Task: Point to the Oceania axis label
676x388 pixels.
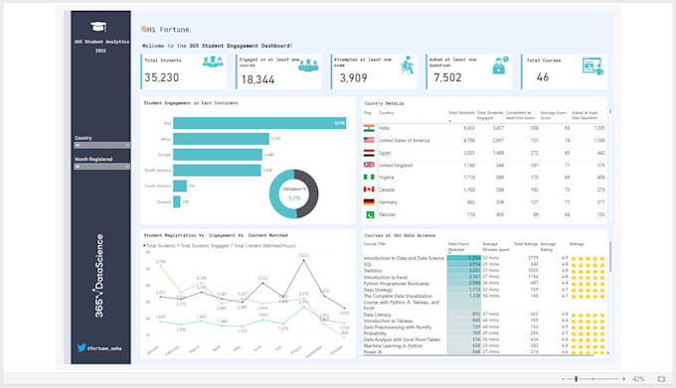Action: (x=164, y=201)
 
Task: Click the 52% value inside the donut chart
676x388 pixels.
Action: (x=294, y=198)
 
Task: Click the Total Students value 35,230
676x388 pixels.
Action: (x=162, y=77)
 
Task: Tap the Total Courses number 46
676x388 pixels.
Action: (x=542, y=77)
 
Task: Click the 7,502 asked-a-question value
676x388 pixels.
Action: (x=447, y=77)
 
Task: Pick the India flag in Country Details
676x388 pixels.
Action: (x=369, y=128)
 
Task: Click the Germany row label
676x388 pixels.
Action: (x=390, y=201)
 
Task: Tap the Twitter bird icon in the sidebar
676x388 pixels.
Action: (x=81, y=348)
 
